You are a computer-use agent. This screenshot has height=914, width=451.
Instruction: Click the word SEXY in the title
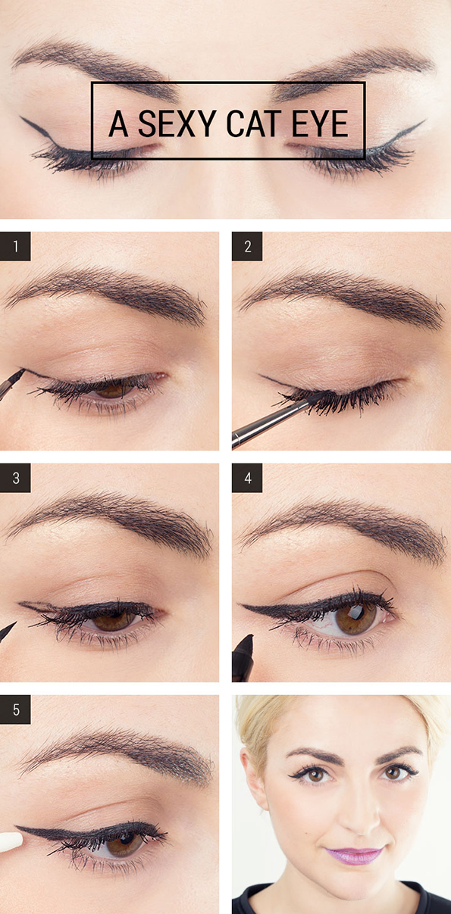pos(177,123)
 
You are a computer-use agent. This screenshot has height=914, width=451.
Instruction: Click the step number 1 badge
pos(15,246)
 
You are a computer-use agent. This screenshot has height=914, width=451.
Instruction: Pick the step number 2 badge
pos(247,246)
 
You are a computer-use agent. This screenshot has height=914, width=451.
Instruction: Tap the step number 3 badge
pos(15,479)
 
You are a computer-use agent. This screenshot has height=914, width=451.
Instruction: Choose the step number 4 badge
pos(247,479)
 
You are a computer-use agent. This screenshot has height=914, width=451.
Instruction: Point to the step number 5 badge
pos(15,710)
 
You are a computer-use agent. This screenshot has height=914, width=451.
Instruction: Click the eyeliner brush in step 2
pos(274,420)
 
